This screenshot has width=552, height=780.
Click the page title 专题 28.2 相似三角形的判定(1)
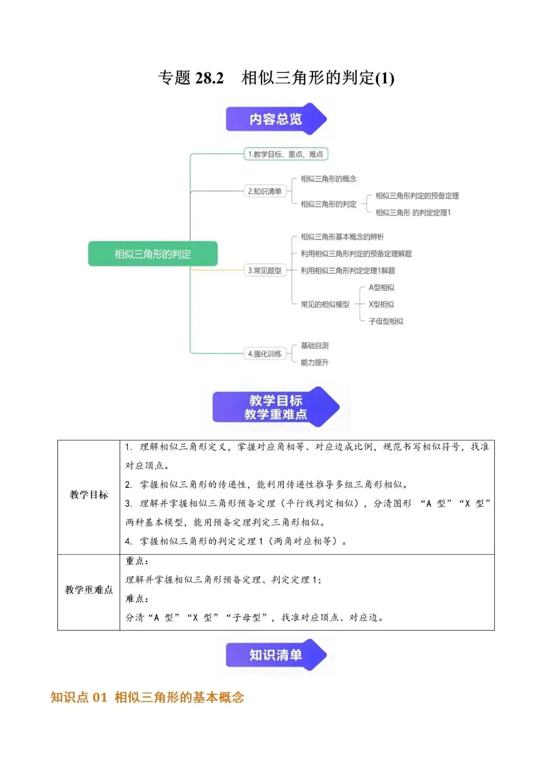tap(276, 77)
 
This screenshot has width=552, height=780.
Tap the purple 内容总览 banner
tap(276, 119)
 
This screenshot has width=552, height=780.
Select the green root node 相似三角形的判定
tap(153, 254)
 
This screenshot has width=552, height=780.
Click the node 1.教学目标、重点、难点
tap(286, 154)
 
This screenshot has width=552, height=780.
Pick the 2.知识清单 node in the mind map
tap(265, 191)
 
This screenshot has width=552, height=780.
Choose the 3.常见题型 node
tap(265, 270)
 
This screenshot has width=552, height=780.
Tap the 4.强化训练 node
tap(265, 354)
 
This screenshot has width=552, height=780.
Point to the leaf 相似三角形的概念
tap(328, 179)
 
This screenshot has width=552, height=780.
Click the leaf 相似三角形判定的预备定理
tap(417, 196)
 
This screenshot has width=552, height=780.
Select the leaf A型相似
tap(382, 287)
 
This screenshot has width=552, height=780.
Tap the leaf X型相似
tap(382, 304)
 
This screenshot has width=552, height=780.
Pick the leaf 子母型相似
tap(386, 321)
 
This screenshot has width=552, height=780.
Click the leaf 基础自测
tap(315, 345)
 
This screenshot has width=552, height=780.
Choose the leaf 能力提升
tap(315, 362)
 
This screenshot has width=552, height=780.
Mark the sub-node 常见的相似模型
tap(325, 304)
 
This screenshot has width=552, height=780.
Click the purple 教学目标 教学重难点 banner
tap(276, 407)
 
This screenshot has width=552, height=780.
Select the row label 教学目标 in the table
tap(88, 494)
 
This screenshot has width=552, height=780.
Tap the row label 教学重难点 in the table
tap(88, 589)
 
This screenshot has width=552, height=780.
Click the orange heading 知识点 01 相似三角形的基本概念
tap(147, 697)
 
